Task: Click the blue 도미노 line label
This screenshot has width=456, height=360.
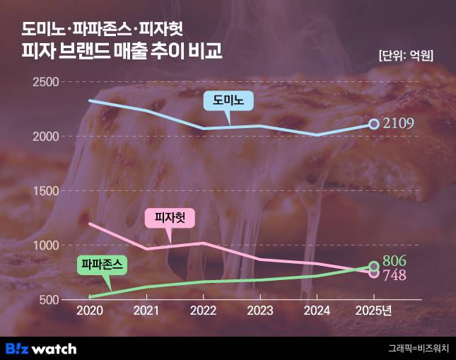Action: [228, 100]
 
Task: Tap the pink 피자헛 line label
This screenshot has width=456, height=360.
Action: [169, 219]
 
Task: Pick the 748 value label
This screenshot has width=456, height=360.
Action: [394, 275]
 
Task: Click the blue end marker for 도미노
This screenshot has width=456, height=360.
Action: [374, 124]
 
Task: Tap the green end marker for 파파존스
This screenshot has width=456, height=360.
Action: [374, 267]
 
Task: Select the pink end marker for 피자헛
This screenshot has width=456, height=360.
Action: [374, 273]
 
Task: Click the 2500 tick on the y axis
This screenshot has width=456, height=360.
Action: [46, 83]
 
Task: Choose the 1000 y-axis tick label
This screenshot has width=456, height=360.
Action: [46, 245]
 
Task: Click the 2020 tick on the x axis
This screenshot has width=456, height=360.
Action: [90, 310]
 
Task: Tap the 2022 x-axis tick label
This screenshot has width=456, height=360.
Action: [204, 310]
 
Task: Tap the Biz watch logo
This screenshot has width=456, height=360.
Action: [41, 348]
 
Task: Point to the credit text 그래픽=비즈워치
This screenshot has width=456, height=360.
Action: [418, 348]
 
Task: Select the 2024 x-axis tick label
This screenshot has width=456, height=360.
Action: [317, 310]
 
